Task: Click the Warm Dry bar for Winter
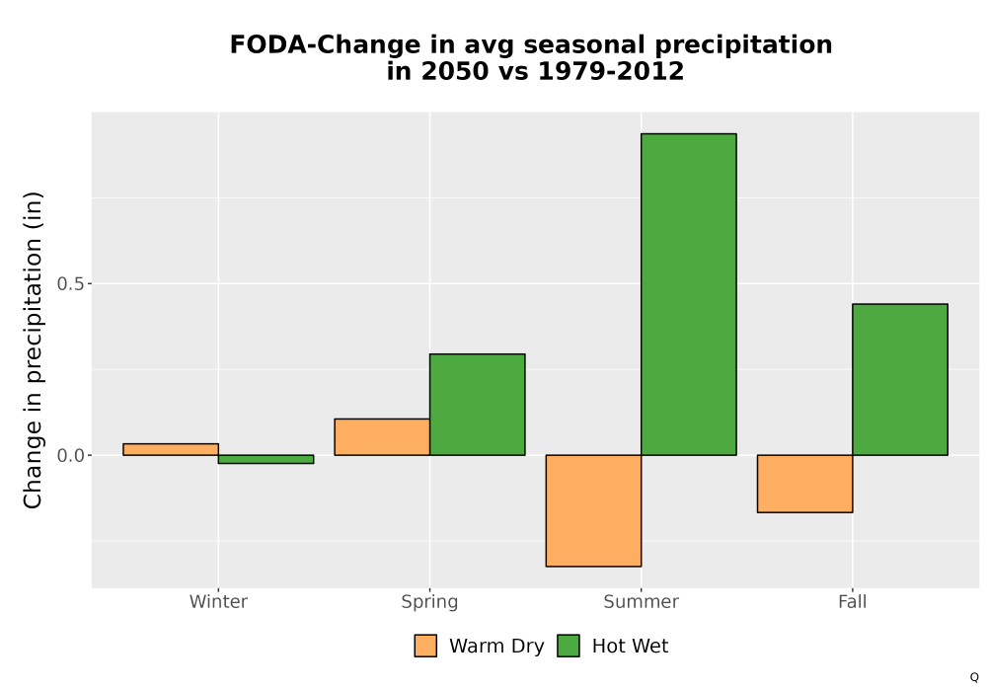pos(171,449)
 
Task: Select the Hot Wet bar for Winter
pos(266,459)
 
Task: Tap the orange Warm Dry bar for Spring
pos(382,436)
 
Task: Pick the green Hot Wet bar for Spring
pos(477,405)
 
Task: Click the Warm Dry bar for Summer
pos(593,510)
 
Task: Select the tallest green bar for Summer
pos(689,294)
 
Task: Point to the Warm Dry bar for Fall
pos(805,484)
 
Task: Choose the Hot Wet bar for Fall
pos(900,379)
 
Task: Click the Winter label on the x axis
pos(218,602)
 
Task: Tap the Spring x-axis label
pos(430,602)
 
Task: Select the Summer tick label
pos(642,602)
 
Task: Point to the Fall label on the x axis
pos(853,602)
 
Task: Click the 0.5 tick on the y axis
pos(70,284)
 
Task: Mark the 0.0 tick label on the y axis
pos(70,456)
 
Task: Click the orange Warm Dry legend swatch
pos(425,646)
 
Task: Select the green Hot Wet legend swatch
pos(569,646)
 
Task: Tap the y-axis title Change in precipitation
pos(33,349)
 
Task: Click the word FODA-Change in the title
pos(326,45)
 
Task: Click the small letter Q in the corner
pos(974,677)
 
